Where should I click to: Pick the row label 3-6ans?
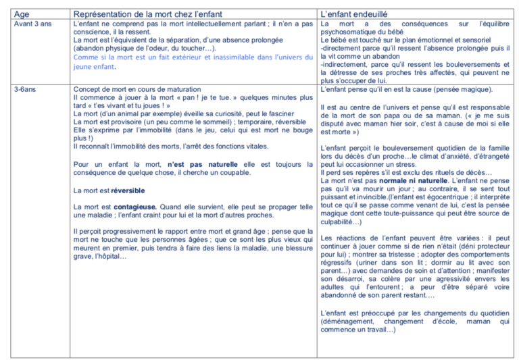click(26, 89)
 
